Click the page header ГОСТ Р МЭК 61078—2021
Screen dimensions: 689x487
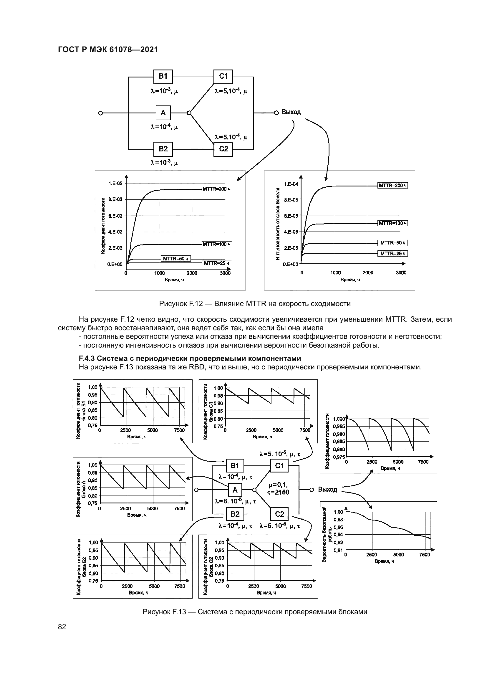[108, 50]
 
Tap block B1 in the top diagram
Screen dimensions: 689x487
[163, 77]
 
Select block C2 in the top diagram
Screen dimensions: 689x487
[223, 149]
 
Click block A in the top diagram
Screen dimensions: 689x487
[163, 113]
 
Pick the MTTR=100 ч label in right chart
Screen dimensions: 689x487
[392, 223]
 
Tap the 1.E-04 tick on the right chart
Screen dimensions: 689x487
[291, 184]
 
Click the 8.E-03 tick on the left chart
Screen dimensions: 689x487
[115, 199]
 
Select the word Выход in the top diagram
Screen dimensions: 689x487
[291, 112]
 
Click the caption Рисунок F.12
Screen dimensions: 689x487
[255, 304]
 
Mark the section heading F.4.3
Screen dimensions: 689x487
[190, 358]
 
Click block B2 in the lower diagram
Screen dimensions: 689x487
[235, 514]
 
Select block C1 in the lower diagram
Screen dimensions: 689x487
[279, 466]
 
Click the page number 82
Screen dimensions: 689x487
[62, 627]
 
